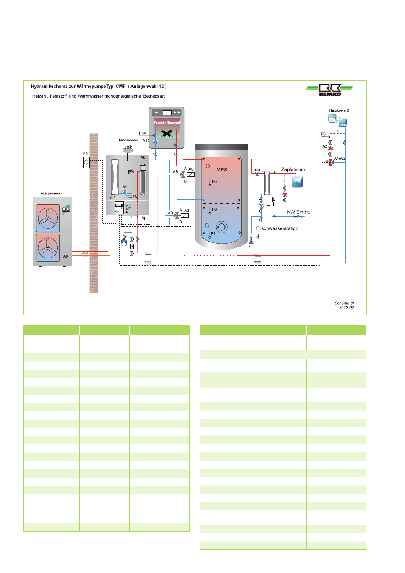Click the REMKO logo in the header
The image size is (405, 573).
click(329, 89)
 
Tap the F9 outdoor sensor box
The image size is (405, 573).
click(86, 162)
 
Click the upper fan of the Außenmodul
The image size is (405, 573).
click(48, 218)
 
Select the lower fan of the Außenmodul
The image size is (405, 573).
click(48, 248)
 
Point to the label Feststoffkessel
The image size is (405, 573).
click(166, 123)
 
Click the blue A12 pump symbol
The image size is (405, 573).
click(155, 141)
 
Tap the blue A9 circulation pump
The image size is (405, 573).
click(124, 193)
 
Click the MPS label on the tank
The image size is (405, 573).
click(222, 170)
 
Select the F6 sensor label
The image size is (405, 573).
click(214, 181)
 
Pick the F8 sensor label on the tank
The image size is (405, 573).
click(214, 209)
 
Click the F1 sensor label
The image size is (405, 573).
click(213, 233)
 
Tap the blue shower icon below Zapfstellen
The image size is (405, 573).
click(297, 182)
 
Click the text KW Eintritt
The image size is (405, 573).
click(298, 212)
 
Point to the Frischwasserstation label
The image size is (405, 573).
click(277, 228)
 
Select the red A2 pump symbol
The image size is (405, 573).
click(330, 149)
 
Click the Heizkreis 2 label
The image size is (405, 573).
click(339, 110)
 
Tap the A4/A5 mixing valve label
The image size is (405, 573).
click(339, 158)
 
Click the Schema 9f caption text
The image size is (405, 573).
click(344, 303)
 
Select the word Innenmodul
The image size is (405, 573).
click(128, 140)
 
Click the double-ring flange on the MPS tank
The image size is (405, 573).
click(222, 227)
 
